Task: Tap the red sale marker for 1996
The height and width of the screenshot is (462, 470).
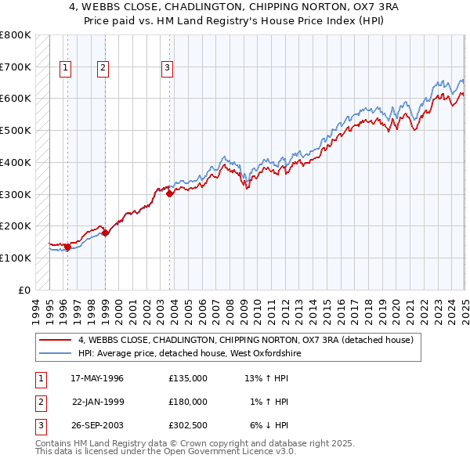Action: tap(68, 247)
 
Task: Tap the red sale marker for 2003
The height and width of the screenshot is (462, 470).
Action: tap(170, 195)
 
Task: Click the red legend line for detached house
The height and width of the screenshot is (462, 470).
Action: tap(56, 341)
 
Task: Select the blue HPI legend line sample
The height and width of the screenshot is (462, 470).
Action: tap(56, 354)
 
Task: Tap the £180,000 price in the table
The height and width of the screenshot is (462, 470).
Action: tap(187, 402)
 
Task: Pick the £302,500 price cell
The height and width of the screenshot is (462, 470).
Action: tap(187, 425)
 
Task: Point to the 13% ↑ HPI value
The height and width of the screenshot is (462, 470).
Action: tap(267, 378)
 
